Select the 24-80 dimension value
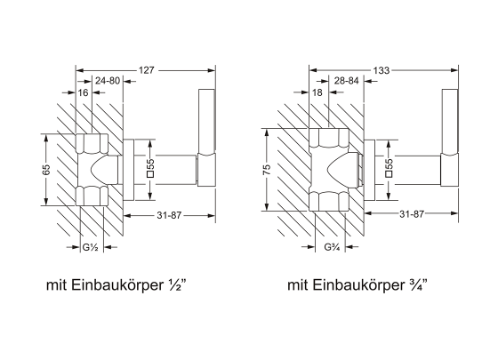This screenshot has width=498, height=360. pyautogui.click(x=109, y=80)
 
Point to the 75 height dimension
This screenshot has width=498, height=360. pyautogui.click(x=266, y=168)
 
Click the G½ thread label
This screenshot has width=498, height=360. pyautogui.click(x=89, y=246)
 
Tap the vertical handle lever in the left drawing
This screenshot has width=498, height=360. pyautogui.click(x=206, y=133)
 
